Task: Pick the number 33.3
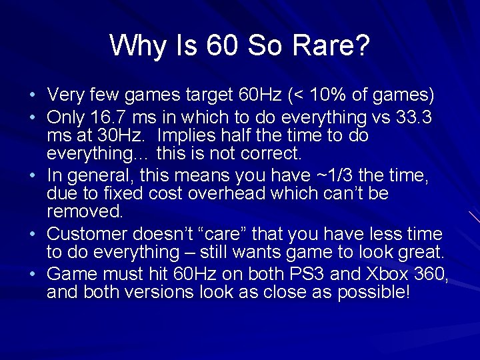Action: pos(413,117)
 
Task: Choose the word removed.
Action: pos(85,212)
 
